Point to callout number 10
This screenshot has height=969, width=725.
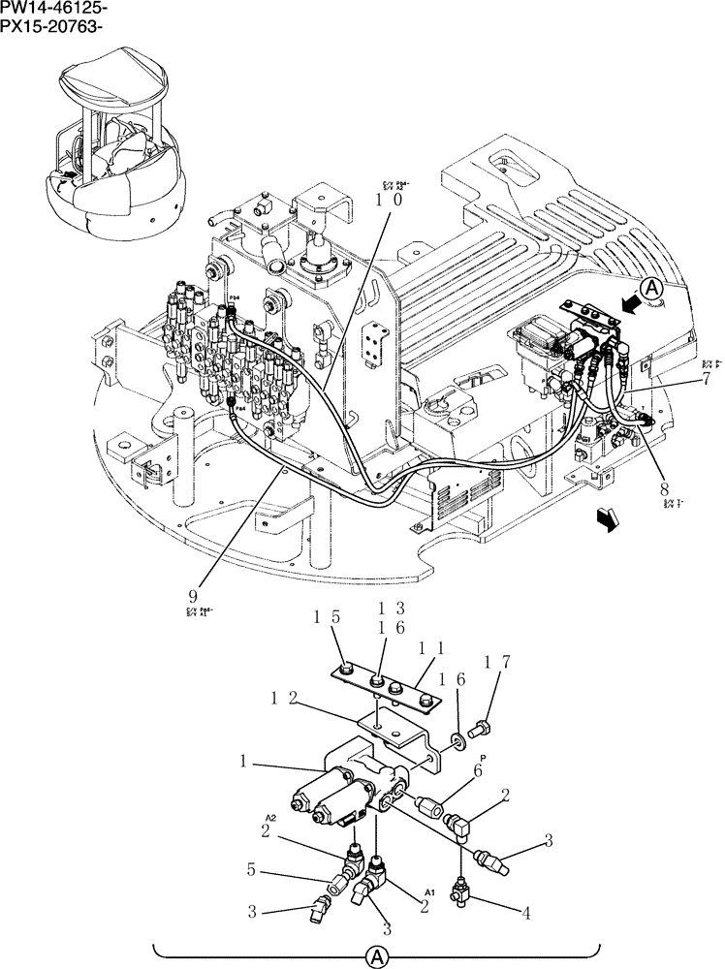click(391, 200)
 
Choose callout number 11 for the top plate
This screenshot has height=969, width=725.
click(424, 647)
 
